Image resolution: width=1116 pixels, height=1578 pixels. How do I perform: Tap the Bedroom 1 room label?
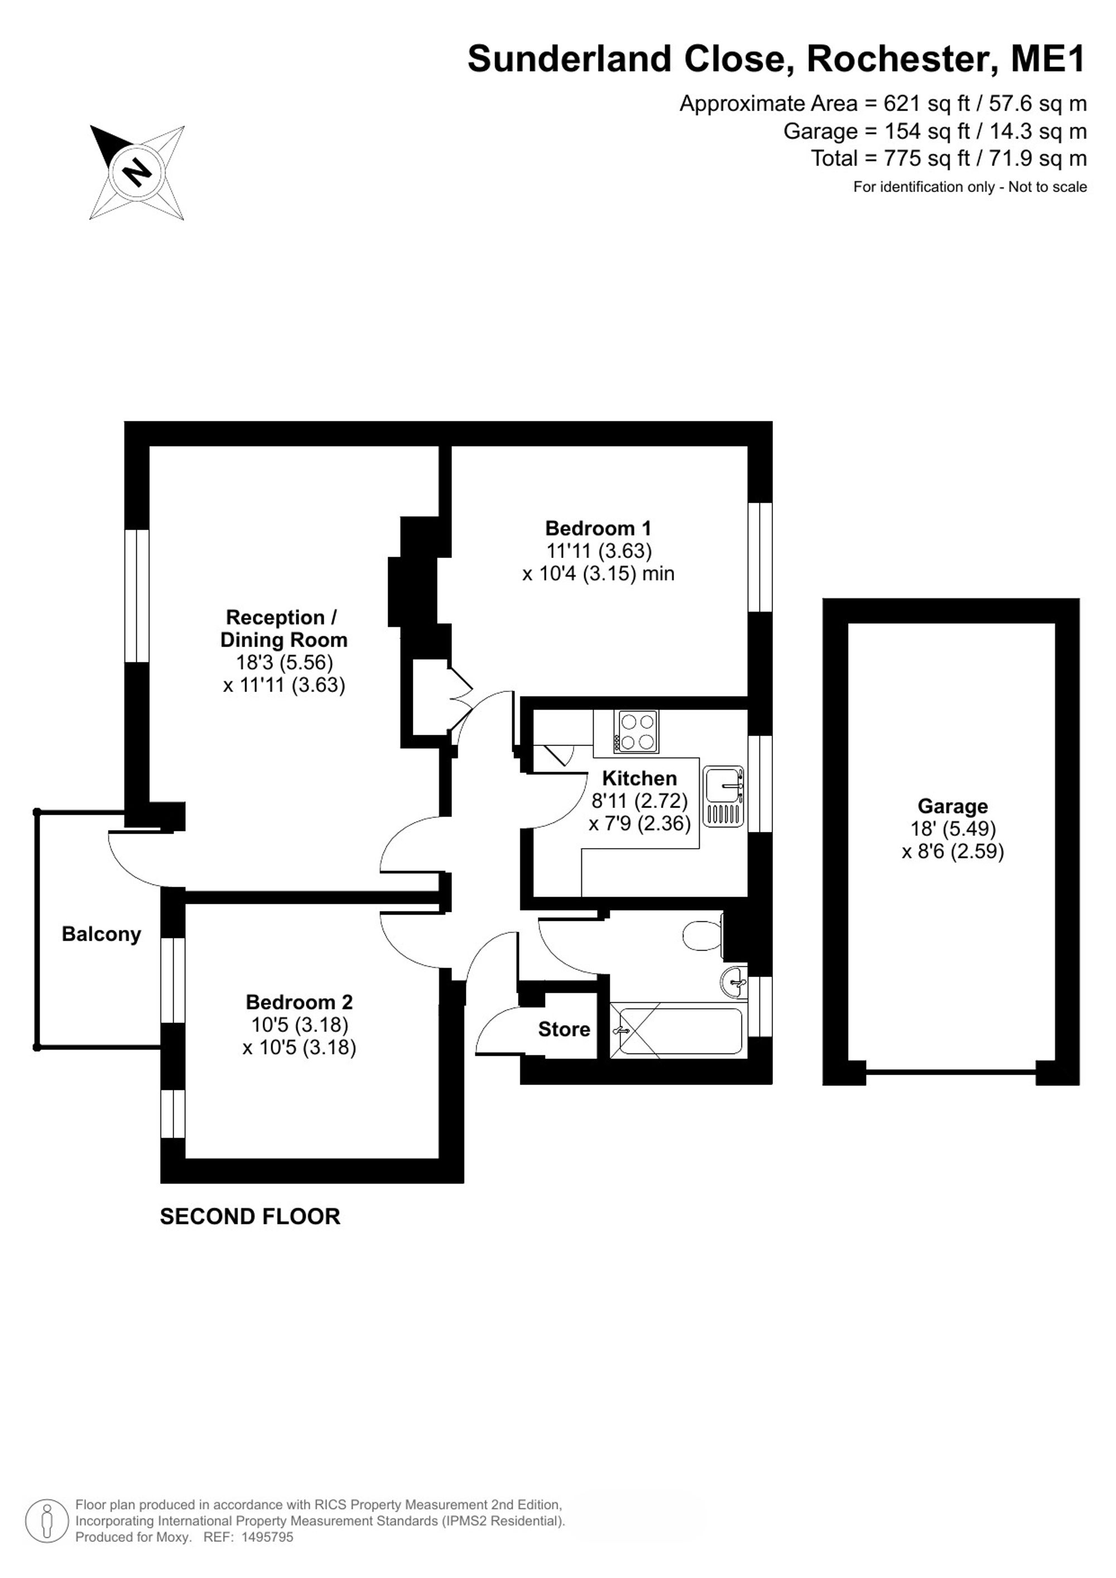click(x=598, y=528)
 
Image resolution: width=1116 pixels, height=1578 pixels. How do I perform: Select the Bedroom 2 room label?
click(x=299, y=1002)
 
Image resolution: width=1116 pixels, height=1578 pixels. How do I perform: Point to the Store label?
click(x=564, y=1029)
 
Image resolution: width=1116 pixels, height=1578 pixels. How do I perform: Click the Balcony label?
click(x=101, y=934)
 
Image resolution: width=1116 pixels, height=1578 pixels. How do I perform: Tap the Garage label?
click(x=953, y=806)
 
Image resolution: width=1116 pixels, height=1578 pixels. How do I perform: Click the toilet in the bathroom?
click(x=703, y=935)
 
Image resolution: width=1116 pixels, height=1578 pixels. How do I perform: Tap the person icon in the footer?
click(x=47, y=1521)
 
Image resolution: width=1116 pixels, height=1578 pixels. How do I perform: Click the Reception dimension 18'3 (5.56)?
click(x=285, y=662)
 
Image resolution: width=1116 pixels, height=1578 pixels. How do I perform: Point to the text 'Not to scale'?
click(x=1047, y=187)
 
